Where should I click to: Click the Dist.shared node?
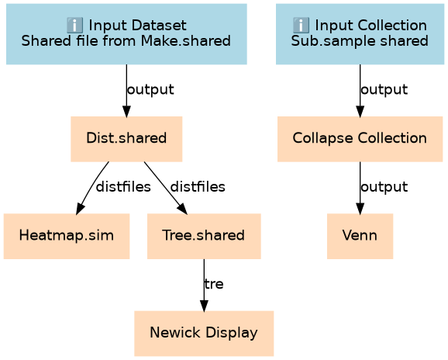pyautogui.click(x=126, y=139)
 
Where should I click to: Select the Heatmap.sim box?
pyautogui.click(x=67, y=236)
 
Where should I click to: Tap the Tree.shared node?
pyautogui.click(x=204, y=236)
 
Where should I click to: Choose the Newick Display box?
pyautogui.click(x=204, y=334)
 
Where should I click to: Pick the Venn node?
pyautogui.click(x=360, y=236)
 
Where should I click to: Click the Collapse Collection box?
pyautogui.click(x=360, y=139)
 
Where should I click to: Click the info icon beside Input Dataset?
pyautogui.click(x=74, y=25)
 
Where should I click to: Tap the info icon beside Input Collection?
pyautogui.click(x=301, y=25)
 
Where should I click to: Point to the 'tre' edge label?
pyautogui.click(x=214, y=284)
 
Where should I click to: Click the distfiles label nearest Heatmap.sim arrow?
pyautogui.click(x=123, y=187)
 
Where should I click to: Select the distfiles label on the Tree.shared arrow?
pyautogui.click(x=198, y=187)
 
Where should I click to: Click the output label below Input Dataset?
pyautogui.click(x=150, y=90)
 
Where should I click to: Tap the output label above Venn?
pyautogui.click(x=384, y=187)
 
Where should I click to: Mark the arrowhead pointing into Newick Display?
pyautogui.click(x=204, y=306)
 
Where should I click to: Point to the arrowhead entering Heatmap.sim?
pyautogui.click(x=80, y=209)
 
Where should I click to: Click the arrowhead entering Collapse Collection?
pyautogui.click(x=360, y=111)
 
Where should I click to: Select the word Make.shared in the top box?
pyautogui.click(x=186, y=40)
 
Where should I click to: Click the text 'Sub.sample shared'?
pyautogui.click(x=360, y=40)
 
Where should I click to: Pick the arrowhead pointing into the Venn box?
pyautogui.click(x=360, y=209)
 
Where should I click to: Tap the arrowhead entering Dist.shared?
pyautogui.click(x=126, y=111)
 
